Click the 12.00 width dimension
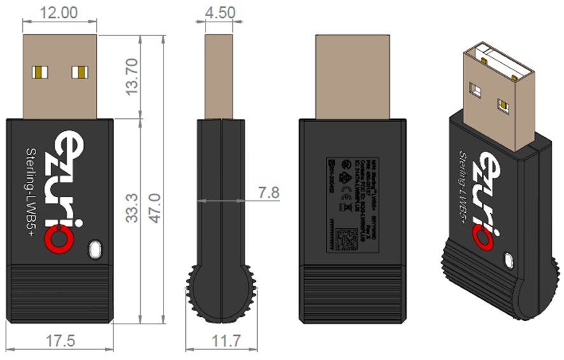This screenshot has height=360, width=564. [x=59, y=12]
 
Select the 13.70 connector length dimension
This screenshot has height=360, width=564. [x=132, y=76]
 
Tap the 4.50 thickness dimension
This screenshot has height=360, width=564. [x=220, y=12]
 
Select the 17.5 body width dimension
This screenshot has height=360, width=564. [x=60, y=341]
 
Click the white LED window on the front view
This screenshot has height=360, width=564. [x=95, y=249]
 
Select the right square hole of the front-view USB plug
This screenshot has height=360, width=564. [x=80, y=71]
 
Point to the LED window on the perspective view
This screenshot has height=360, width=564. [x=509, y=260]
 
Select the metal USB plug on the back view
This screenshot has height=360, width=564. [x=353, y=76]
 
